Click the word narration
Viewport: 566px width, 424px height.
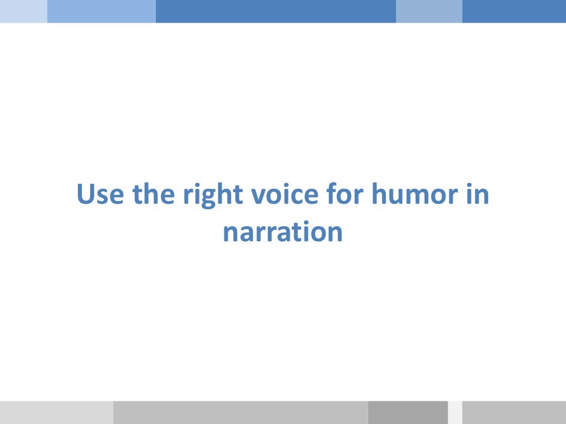coord(283,232)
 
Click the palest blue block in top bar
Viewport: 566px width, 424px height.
coord(23,11)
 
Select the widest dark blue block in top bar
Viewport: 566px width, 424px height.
coord(276,11)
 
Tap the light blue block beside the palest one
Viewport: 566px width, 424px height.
coord(101,11)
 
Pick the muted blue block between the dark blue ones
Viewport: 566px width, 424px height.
coord(429,11)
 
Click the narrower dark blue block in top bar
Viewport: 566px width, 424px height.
coord(514,11)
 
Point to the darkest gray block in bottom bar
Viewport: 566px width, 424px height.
coord(408,412)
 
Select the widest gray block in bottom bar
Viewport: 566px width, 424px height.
coord(240,412)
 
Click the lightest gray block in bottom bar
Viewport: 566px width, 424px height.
coord(56,412)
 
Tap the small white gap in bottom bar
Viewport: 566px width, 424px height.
coord(455,412)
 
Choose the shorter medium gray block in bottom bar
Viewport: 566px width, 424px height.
coord(514,412)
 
